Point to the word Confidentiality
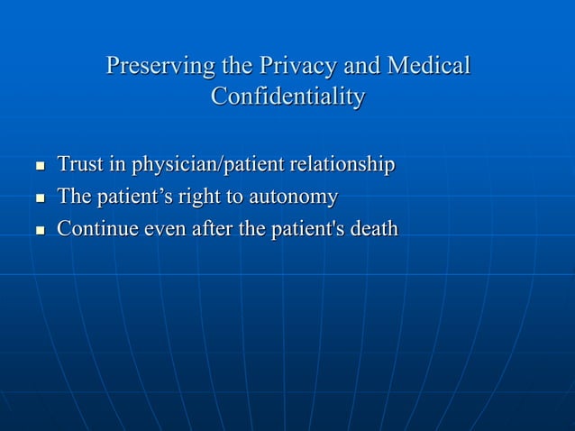click(x=287, y=96)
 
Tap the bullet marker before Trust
click(x=39, y=167)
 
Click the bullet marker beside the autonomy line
click(x=39, y=198)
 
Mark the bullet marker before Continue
click(x=39, y=231)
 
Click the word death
click(x=373, y=229)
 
